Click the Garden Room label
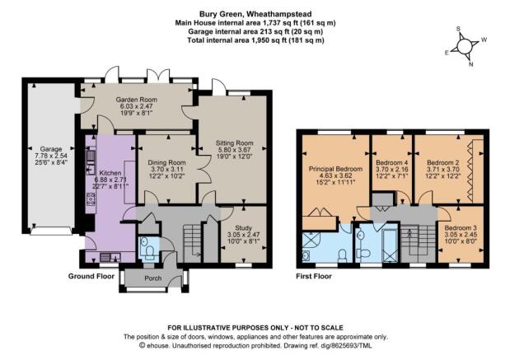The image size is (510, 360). [x=137, y=100]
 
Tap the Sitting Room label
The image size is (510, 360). [x=235, y=143]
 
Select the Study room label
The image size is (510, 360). [x=243, y=228]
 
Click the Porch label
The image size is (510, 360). [x=153, y=278]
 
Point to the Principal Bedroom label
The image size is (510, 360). [x=335, y=169]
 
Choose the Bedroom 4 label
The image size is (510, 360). [x=391, y=162]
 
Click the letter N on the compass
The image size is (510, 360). [x=470, y=64]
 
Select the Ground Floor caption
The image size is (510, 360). [x=91, y=276]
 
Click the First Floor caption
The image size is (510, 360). [x=314, y=276]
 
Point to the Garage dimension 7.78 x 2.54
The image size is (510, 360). [x=51, y=156]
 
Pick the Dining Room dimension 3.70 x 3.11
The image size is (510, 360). [x=167, y=169]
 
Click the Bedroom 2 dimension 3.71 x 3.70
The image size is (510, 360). [x=443, y=169]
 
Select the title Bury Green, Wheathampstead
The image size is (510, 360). [x=255, y=14]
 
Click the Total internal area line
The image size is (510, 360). [x=255, y=40]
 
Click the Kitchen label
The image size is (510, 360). [x=110, y=173]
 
